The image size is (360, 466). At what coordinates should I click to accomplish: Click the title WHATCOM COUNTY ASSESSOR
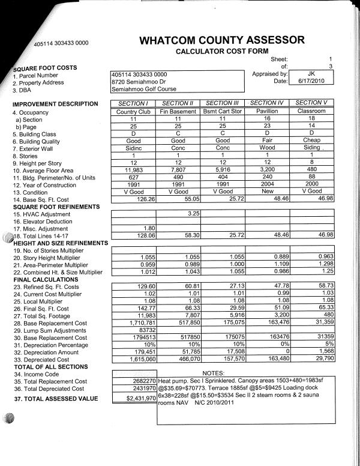click(x=221, y=40)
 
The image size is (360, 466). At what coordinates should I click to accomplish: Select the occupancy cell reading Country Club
click(x=135, y=112)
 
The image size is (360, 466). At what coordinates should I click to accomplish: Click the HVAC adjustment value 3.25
click(x=193, y=213)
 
